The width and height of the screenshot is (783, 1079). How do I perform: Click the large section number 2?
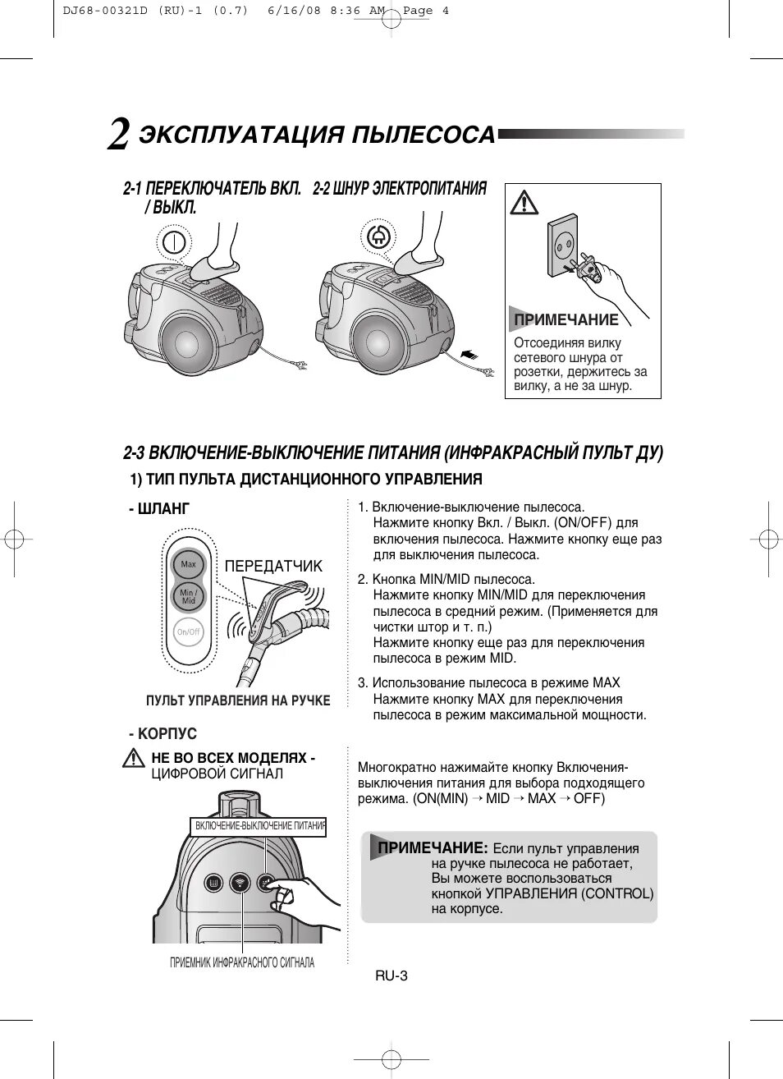click(118, 135)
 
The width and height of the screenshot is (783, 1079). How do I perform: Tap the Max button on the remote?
click(188, 564)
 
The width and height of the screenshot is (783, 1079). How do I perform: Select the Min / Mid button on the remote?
click(188, 597)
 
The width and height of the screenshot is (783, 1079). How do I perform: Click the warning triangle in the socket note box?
click(524, 202)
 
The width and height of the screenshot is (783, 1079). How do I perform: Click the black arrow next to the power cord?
click(469, 354)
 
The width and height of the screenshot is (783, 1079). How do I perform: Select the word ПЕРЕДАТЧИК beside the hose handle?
click(273, 566)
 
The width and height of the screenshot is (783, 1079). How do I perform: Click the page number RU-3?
click(391, 976)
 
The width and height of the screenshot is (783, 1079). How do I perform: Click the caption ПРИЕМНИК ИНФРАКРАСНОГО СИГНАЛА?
click(242, 962)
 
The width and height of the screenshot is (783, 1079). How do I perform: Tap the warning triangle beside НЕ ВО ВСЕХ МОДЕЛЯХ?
click(133, 760)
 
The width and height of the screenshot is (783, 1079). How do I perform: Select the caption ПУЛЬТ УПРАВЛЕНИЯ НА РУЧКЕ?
click(238, 700)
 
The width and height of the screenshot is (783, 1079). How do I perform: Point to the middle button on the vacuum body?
click(240, 884)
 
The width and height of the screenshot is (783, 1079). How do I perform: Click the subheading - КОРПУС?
click(163, 733)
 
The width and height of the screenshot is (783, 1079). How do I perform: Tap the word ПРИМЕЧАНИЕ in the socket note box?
click(565, 319)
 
